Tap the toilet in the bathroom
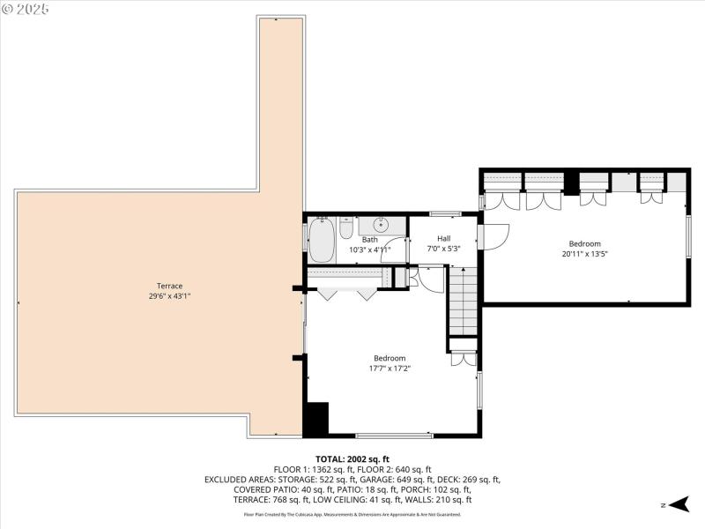point(346,232)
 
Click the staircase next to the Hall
point(464,300)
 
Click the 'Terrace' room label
point(169,286)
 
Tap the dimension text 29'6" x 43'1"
point(169,296)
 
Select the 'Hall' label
point(443,239)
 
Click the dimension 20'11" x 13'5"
point(584,254)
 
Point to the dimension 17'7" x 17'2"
point(389,369)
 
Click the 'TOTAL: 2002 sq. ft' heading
point(352,459)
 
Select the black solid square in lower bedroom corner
point(315,418)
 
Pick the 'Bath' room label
point(369,240)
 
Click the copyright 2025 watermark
point(26,9)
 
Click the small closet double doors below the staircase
point(463,359)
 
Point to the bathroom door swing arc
point(394,250)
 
